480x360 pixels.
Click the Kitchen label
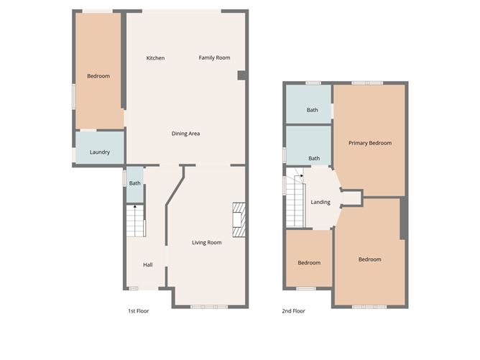coord(155,58)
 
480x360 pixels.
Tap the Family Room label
coord(214,58)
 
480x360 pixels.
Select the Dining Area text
coord(185,134)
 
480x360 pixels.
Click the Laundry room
coord(99,152)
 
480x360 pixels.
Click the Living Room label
coord(206,243)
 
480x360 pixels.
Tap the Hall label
coord(147,265)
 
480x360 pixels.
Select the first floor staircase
coord(135,221)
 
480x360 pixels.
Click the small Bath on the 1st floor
coord(134,183)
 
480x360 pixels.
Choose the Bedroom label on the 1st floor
coord(98,76)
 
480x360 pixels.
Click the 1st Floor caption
coord(138,311)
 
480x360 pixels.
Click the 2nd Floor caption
coord(294,311)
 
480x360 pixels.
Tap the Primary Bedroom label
coord(370,144)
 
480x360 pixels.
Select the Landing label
coord(320,202)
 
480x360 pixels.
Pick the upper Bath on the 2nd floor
coord(313,110)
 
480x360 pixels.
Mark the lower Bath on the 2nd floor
coord(314,158)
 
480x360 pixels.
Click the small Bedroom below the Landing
coord(310,262)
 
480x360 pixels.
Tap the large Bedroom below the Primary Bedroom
coord(369,259)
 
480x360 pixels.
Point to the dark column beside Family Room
coord(242,75)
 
